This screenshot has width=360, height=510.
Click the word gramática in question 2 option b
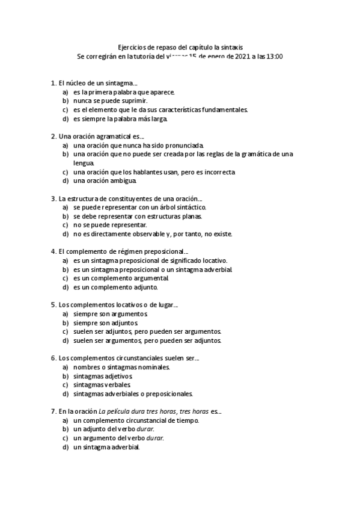(249, 154)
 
